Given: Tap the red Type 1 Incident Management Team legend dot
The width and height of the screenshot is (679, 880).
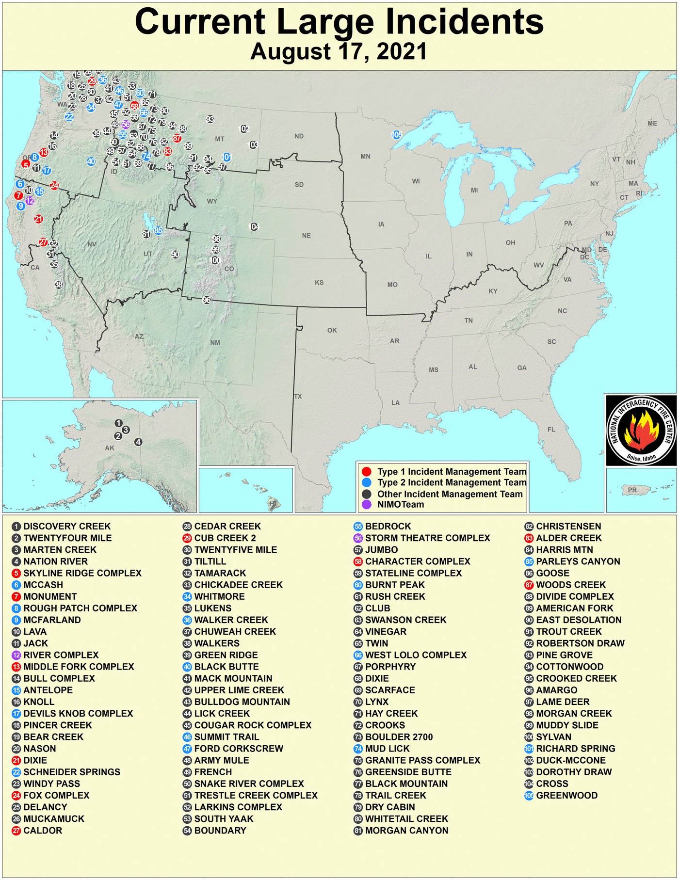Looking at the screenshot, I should click(367, 472).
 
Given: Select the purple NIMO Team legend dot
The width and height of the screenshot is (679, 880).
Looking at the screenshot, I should click(367, 505).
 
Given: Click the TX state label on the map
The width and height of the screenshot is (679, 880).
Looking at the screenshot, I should click(298, 397).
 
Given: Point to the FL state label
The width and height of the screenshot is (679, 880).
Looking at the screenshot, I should click(551, 430).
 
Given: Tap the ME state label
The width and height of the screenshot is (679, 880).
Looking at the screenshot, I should click(652, 124).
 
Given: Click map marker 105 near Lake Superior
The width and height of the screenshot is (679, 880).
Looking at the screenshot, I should click(397, 135).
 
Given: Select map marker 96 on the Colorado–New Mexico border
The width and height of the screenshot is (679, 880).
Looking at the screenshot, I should click(207, 300).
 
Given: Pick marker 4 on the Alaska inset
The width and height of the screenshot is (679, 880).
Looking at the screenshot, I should click(139, 442).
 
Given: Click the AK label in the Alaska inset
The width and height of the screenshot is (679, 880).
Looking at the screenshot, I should click(110, 448).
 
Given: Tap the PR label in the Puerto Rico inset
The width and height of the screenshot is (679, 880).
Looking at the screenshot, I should click(632, 490).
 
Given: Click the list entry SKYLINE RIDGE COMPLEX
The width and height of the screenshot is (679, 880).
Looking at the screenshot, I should click(82, 573).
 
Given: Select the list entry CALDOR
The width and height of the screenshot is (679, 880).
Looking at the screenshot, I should click(43, 831).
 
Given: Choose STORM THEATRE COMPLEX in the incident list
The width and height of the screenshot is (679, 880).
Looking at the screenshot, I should click(427, 538).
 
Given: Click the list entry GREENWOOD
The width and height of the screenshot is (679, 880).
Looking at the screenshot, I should click(566, 796).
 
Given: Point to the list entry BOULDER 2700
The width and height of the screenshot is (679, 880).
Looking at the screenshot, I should click(399, 737).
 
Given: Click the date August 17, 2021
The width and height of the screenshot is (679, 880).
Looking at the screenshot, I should click(339, 51).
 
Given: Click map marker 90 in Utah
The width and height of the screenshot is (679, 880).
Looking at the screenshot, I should click(175, 255).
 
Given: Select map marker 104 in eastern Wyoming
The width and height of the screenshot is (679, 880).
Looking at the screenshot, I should click(254, 227).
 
